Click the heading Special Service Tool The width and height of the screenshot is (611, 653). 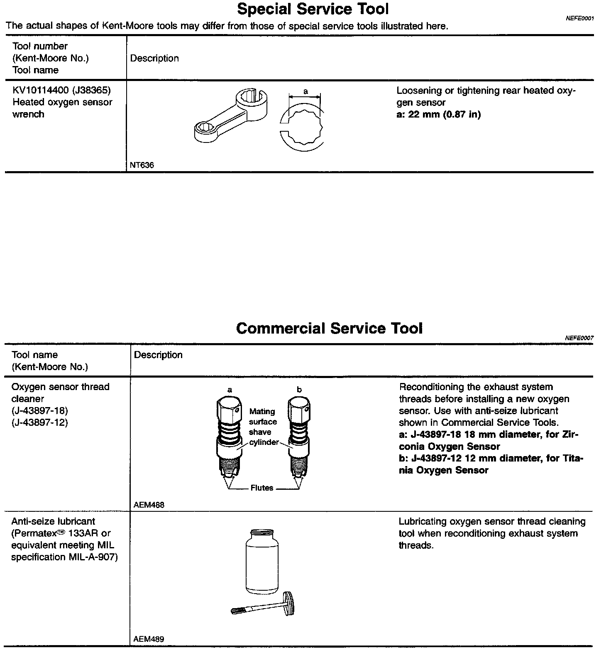pos(313,9)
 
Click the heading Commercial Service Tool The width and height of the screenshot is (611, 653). pos(329,328)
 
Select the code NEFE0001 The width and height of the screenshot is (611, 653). pos(580,18)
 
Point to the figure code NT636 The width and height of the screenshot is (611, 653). pos(142,165)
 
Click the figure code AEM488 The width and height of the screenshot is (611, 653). pos(149,505)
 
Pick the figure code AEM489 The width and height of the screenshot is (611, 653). pos(149,639)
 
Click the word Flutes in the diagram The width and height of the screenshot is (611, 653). pos(262,488)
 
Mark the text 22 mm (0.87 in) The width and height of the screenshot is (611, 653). pos(444,115)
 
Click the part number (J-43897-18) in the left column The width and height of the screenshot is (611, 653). pos(40,411)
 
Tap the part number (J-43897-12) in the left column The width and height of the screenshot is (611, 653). pos(40,423)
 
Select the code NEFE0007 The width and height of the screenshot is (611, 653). pos(579,338)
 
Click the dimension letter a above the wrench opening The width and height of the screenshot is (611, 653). pos(305,91)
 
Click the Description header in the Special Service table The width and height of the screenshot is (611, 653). pos(154,58)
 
